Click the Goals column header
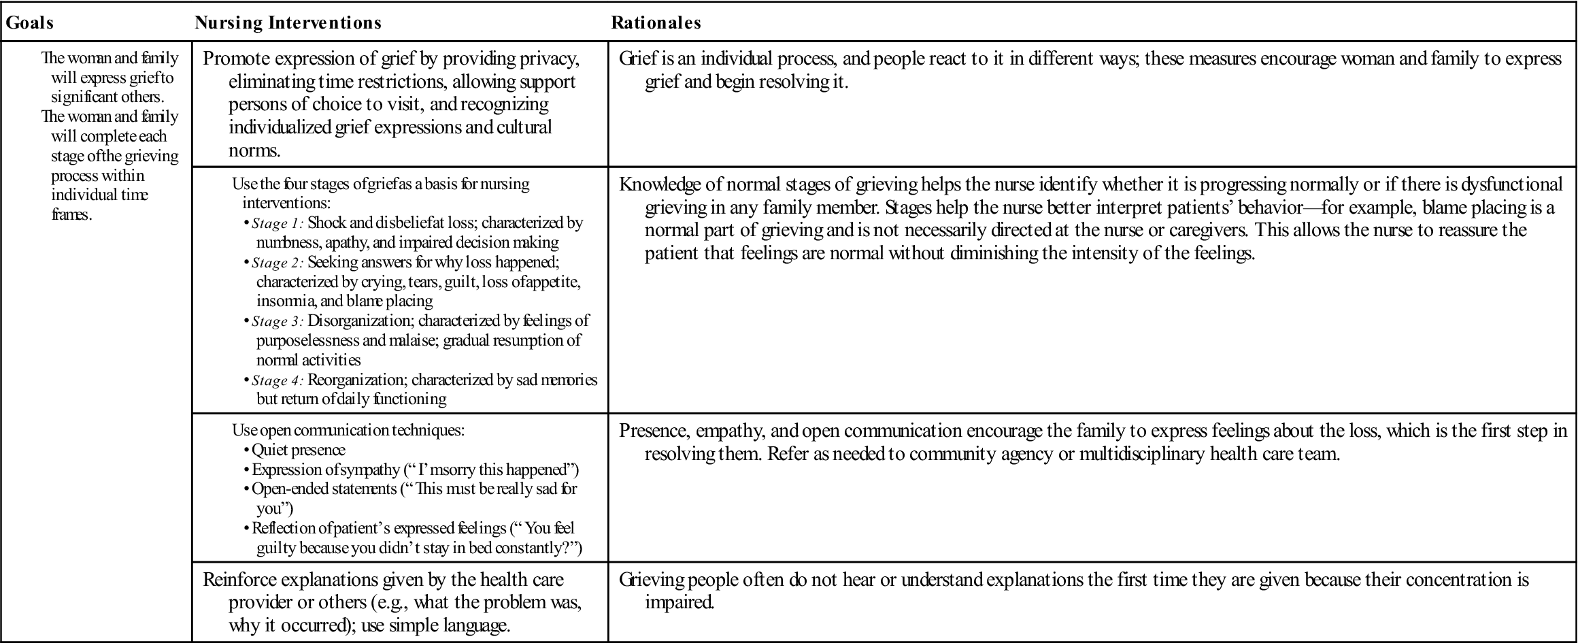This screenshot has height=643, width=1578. [30, 22]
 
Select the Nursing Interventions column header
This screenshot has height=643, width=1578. [288, 22]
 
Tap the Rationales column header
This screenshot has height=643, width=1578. [656, 22]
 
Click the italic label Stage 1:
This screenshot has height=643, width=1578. [278, 223]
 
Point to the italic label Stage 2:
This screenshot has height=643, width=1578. [278, 263]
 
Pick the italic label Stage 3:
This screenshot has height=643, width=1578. [278, 321]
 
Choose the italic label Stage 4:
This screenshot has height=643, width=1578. [278, 380]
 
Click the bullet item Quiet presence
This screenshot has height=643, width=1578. [299, 450]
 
